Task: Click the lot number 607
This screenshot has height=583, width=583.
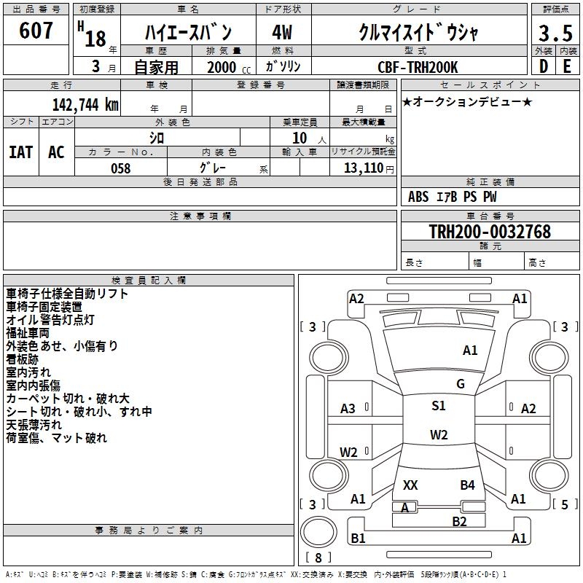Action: point(36,31)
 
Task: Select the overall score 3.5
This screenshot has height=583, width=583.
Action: point(555,34)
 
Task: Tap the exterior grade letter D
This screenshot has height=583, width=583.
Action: point(543,66)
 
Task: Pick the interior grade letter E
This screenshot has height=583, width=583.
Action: point(566,66)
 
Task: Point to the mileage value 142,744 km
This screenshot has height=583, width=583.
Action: point(85,105)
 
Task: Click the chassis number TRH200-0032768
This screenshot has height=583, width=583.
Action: point(490,232)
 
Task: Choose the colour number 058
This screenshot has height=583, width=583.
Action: point(120,168)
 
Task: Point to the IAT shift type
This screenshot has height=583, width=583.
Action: point(20,152)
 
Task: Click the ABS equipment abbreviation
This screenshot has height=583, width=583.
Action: point(418,197)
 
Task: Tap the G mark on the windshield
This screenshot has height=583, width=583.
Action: point(460,384)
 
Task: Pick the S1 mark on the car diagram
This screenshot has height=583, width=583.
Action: point(438,406)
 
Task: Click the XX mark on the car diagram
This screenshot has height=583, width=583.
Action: point(410,485)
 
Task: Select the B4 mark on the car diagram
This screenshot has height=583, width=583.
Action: point(467,485)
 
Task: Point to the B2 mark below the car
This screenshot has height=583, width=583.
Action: point(459,521)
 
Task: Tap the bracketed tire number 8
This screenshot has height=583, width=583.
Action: point(318,557)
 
